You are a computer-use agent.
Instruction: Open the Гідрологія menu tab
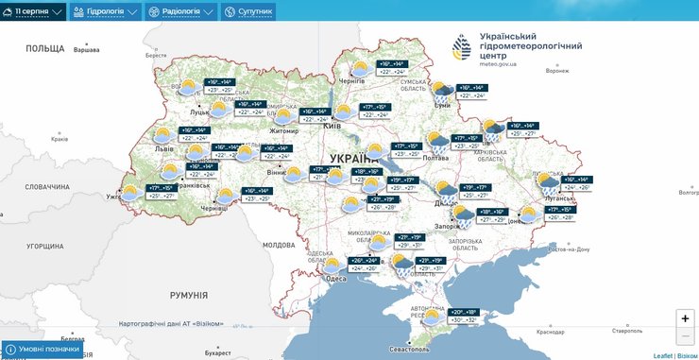point(106,11)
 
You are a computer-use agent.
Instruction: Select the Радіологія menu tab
point(180,11)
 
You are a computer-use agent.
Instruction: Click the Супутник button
point(249,11)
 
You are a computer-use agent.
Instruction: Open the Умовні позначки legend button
point(41,349)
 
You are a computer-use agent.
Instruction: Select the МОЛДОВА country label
point(279,245)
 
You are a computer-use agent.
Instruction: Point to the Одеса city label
point(335,278)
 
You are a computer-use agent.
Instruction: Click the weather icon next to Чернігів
point(360,68)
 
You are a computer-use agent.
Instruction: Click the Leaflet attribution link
point(663,355)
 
